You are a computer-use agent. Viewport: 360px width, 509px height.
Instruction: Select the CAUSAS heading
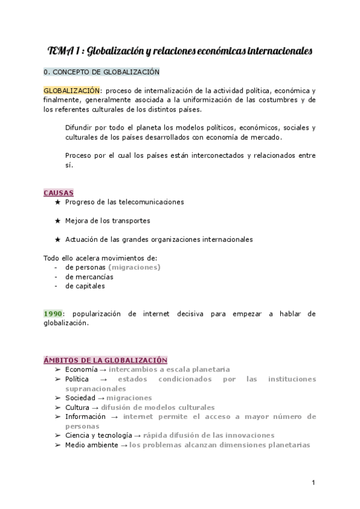(x=58, y=193)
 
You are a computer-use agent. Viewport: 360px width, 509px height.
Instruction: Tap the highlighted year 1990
(x=53, y=313)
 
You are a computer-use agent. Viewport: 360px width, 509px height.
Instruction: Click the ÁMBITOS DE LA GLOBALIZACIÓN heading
(x=105, y=360)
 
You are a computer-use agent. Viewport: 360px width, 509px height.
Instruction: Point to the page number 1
(x=314, y=483)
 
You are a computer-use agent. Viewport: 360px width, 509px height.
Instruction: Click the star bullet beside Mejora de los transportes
(x=58, y=220)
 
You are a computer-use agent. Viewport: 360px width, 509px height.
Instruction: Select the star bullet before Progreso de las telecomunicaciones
(x=58, y=202)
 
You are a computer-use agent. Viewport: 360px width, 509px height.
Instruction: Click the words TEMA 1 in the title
(x=62, y=52)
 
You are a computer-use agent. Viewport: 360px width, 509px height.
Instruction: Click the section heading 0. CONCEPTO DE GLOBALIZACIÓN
(x=101, y=72)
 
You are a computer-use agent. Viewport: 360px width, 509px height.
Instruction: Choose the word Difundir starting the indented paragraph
(x=79, y=128)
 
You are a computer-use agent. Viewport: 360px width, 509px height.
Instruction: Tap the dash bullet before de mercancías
(x=56, y=277)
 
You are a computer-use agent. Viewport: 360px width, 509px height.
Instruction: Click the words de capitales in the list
(x=85, y=286)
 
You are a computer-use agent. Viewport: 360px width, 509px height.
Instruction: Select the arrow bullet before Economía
(x=58, y=370)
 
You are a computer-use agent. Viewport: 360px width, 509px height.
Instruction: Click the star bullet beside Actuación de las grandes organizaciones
(x=58, y=239)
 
